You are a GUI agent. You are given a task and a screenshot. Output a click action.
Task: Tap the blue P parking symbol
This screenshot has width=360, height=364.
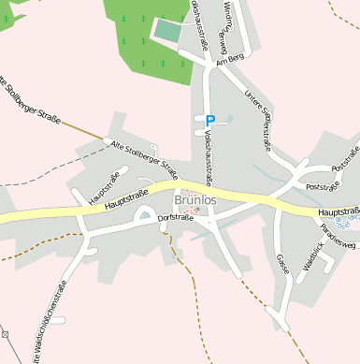(x=210, y=121)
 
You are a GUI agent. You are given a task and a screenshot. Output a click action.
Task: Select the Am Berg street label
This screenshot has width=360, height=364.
(x=228, y=61)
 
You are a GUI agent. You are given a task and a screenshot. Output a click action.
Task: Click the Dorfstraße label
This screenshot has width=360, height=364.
(x=176, y=218)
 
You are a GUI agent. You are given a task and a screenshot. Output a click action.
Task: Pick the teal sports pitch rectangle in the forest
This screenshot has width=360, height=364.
(x=166, y=30)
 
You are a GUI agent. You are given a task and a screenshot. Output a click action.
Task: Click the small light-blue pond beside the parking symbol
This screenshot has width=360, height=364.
(x=229, y=119)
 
